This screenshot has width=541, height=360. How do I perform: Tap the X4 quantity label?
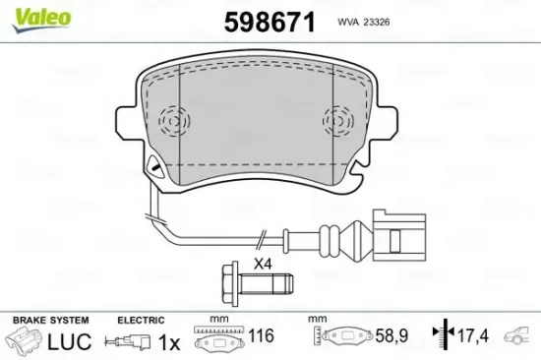point(262,264)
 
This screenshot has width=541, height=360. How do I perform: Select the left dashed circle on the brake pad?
point(172,120)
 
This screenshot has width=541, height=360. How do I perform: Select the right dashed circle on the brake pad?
point(337,120)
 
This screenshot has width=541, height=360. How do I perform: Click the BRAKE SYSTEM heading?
point(49,321)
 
